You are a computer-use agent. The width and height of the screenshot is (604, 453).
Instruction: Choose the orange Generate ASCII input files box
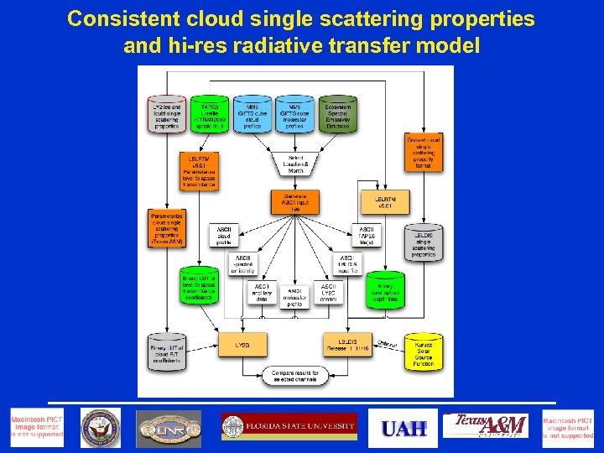tap(294, 202)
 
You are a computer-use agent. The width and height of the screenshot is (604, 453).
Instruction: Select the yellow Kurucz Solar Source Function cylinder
tap(424, 352)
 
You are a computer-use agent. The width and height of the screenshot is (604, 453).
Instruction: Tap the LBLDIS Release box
tap(347, 345)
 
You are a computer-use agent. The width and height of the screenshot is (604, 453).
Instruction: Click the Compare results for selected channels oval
tap(294, 377)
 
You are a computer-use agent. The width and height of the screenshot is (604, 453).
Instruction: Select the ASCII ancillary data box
tap(261, 292)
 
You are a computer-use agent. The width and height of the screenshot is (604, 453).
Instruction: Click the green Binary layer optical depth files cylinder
tap(385, 290)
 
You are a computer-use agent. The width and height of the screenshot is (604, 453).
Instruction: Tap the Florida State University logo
tap(289, 427)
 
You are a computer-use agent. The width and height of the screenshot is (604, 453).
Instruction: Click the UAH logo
tap(404, 428)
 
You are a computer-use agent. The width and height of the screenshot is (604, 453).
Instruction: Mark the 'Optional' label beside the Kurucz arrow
tap(387, 343)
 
